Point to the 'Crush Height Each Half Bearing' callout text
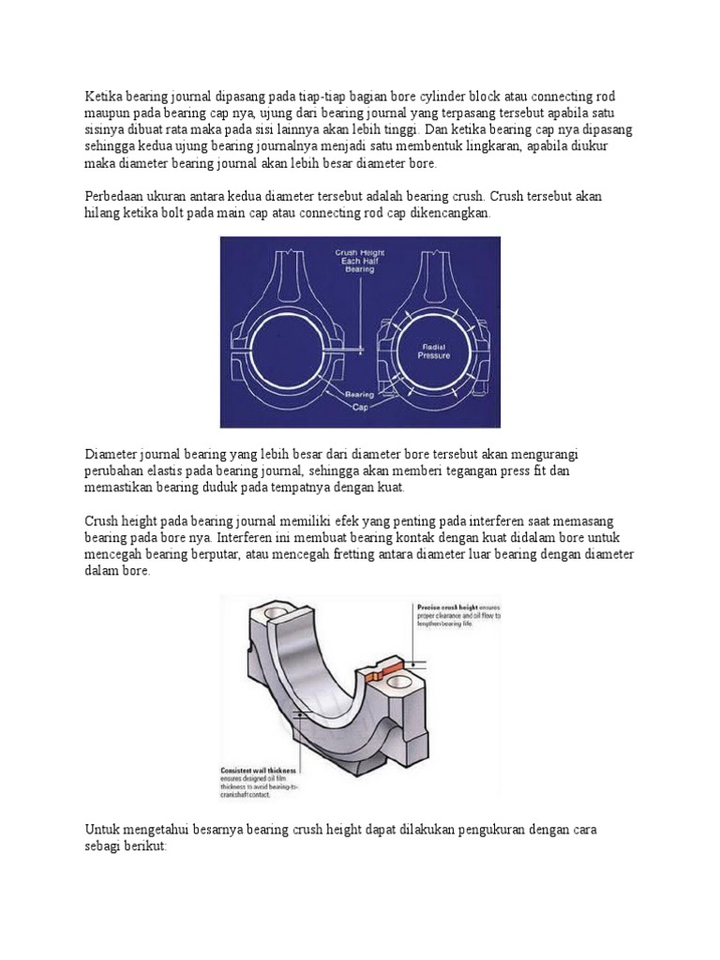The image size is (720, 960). point(360,261)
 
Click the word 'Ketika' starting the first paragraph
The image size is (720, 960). point(104,97)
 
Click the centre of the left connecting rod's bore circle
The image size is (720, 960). point(290,348)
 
